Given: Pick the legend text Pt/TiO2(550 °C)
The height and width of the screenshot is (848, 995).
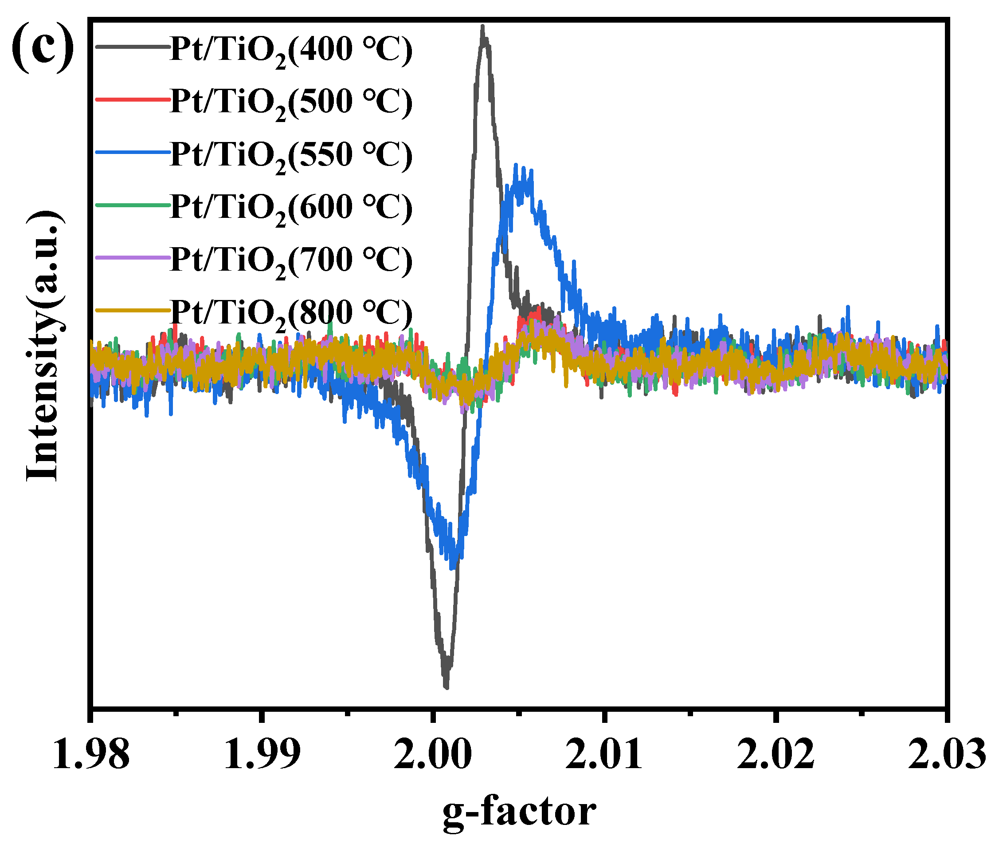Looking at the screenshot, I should pos(291,155).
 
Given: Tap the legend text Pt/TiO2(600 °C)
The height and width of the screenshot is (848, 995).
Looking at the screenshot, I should pos(291,208).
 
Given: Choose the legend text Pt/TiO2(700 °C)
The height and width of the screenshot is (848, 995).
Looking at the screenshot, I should pos(291,260).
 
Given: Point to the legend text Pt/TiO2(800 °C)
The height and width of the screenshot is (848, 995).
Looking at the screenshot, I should pos(291,313).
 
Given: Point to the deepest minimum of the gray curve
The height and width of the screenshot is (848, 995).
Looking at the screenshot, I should pos(447,687).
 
